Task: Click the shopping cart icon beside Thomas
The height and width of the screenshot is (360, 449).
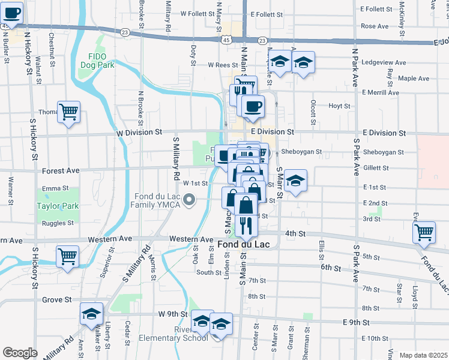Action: pyautogui.click(x=69, y=112)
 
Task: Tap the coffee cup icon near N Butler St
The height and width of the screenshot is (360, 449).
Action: pyautogui.click(x=12, y=13)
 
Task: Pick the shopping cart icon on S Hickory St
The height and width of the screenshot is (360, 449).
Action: pyautogui.click(x=67, y=256)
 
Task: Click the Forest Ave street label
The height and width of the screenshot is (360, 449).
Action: pyautogui.click(x=61, y=171)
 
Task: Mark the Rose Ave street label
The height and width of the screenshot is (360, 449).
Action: pyautogui.click(x=375, y=26)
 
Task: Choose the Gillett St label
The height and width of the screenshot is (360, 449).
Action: pyautogui.click(x=376, y=168)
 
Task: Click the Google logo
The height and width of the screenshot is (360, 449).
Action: pyautogui.click(x=20, y=353)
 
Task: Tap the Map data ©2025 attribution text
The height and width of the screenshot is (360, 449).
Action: pyautogui.click(x=423, y=355)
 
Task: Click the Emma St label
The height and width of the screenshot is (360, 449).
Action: pyautogui.click(x=55, y=188)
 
